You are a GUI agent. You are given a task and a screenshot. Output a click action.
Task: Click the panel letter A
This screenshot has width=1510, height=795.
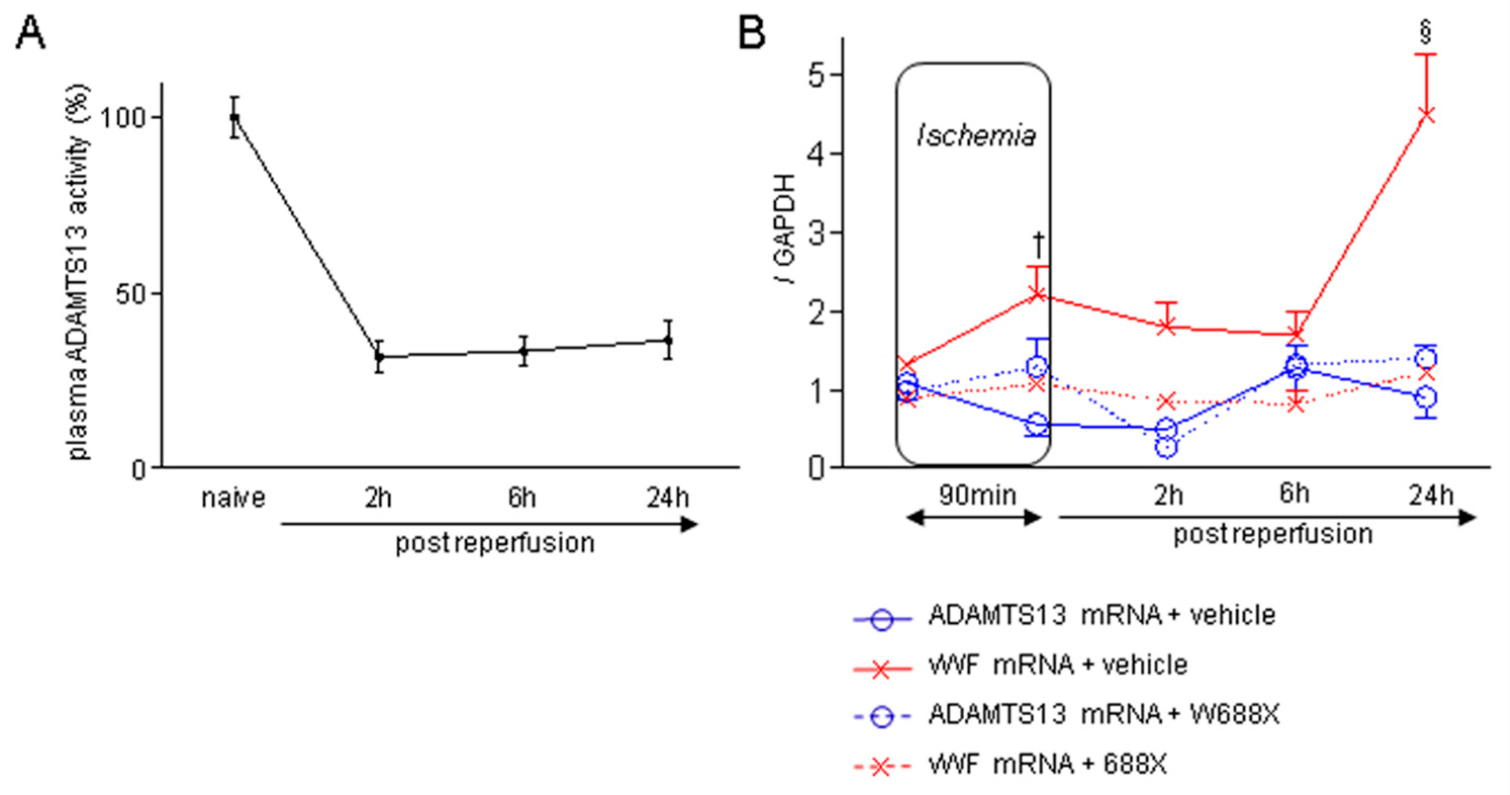(x=30, y=33)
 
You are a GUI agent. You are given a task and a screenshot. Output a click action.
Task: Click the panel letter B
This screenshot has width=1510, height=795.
(x=752, y=33)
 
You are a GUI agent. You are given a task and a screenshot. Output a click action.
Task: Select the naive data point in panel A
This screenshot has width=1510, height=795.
(x=234, y=118)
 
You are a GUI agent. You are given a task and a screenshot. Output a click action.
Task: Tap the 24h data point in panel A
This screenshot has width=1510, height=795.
(x=668, y=340)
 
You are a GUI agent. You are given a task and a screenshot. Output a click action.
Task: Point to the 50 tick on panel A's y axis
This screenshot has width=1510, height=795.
(x=130, y=294)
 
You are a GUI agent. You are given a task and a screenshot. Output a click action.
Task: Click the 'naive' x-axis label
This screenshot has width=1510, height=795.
(x=233, y=498)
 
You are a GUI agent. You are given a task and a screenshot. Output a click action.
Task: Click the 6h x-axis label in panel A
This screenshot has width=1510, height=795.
(x=522, y=498)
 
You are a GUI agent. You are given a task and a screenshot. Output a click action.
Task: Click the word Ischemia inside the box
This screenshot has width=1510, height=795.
(x=976, y=136)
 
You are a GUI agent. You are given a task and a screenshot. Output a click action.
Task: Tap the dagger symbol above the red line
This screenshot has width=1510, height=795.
(x=1038, y=245)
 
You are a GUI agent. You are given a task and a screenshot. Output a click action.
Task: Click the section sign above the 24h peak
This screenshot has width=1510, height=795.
(x=1426, y=32)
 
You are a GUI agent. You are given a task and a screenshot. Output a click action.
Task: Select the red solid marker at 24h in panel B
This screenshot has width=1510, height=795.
(x=1426, y=115)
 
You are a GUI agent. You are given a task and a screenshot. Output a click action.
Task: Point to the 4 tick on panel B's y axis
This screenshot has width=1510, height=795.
(x=816, y=154)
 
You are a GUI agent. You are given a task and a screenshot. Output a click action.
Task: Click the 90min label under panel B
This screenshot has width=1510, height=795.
(x=977, y=495)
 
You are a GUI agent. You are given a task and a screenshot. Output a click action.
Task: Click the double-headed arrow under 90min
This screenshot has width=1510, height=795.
(x=973, y=518)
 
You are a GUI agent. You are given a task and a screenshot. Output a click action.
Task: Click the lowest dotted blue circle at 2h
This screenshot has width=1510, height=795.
(x=1166, y=448)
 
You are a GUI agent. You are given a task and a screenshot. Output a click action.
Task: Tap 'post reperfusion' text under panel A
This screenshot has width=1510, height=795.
(x=495, y=543)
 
